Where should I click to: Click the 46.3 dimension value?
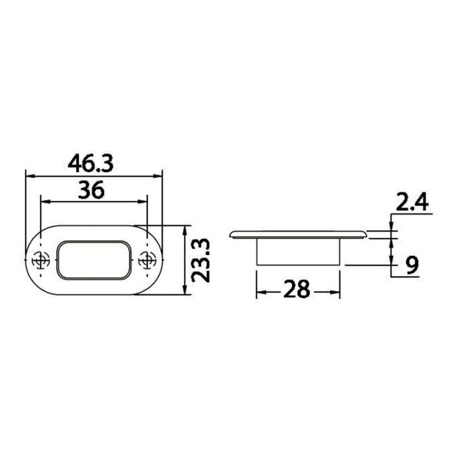pyautogui.click(x=90, y=164)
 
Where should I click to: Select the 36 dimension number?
pyautogui.click(x=92, y=189)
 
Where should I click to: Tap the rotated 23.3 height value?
pyautogui.click(x=201, y=261)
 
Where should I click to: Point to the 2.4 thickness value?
pyautogui.click(x=412, y=201)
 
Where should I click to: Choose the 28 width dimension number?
pyautogui.click(x=297, y=289)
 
